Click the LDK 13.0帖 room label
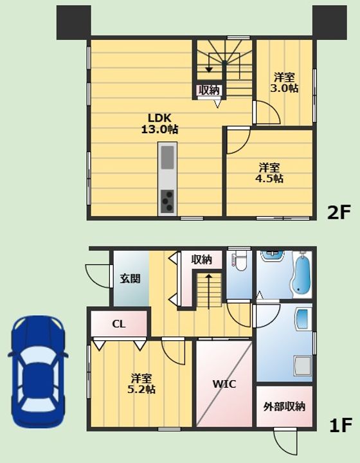(x=159, y=123)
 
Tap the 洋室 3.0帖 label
(x=284, y=83)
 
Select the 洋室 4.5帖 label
(x=269, y=173)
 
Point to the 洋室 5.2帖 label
(x=141, y=383)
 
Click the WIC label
(x=224, y=384)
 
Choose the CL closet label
(x=119, y=324)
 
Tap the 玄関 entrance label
(x=130, y=278)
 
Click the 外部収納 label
(x=284, y=406)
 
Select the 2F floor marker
(x=338, y=212)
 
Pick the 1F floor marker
(x=341, y=425)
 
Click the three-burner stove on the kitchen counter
(x=167, y=201)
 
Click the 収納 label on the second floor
(x=209, y=90)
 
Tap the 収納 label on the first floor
(x=202, y=260)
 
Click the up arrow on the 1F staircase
(x=209, y=291)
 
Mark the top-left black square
(x=74, y=23)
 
